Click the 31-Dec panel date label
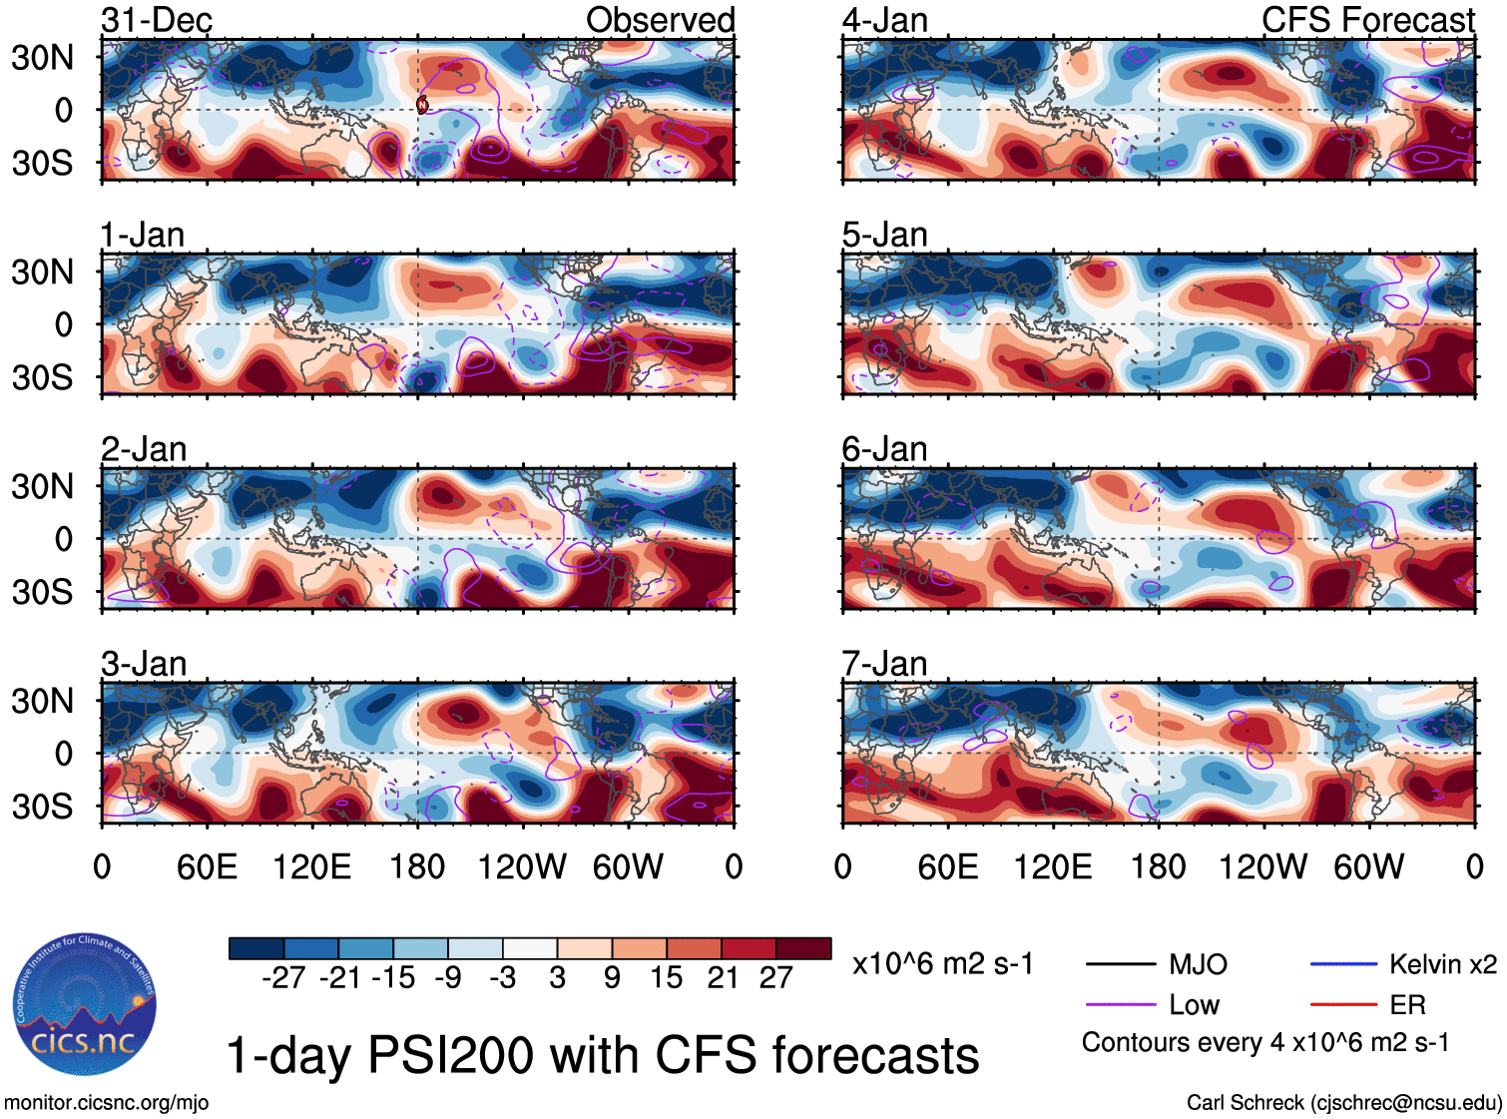tap(157, 20)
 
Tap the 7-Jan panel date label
tap(884, 664)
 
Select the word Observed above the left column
tap(660, 20)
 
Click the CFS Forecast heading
tap(1367, 20)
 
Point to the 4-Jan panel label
tap(884, 20)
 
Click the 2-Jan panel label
tap(144, 449)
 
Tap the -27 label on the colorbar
tap(283, 977)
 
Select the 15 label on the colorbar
tap(666, 977)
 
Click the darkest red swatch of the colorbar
tap(803, 948)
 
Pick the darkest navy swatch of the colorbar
tap(256, 948)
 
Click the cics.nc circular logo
tap(85, 1005)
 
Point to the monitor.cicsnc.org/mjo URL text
tap(107, 1103)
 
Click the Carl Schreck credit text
tap(1343, 1103)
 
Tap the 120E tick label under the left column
tap(311, 866)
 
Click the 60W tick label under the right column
tap(1368, 866)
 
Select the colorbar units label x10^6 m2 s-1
tap(942, 964)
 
